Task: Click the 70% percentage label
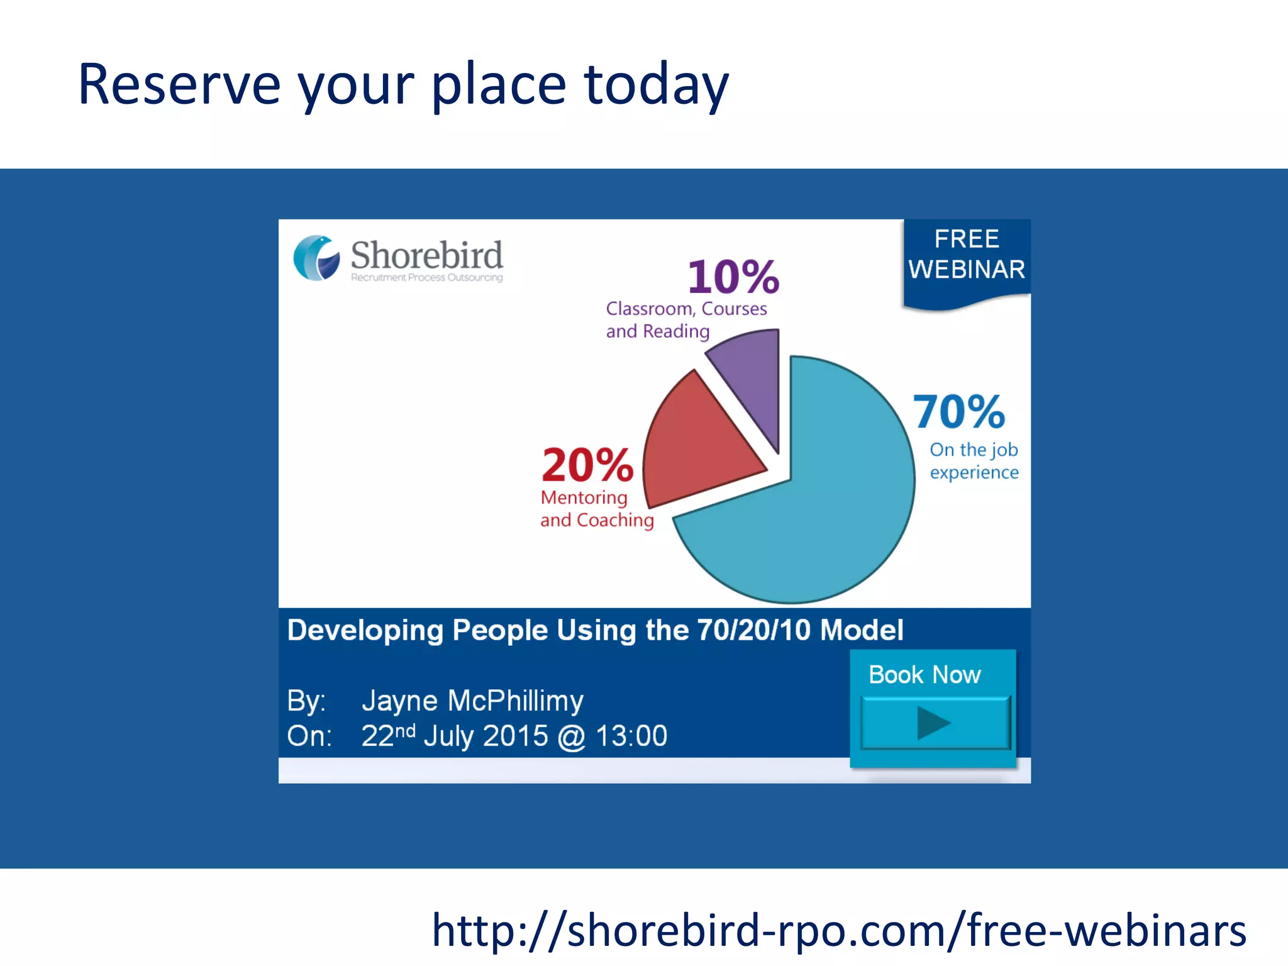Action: (x=958, y=412)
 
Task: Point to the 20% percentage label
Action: (x=587, y=465)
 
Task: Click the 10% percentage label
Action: (x=733, y=277)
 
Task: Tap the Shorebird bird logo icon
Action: (x=316, y=258)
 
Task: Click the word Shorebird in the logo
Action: (x=426, y=255)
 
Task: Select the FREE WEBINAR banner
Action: (x=967, y=255)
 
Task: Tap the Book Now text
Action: (x=924, y=675)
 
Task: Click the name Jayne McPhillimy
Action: (x=472, y=701)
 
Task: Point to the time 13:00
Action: (x=631, y=736)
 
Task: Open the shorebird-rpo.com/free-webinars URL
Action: (x=839, y=930)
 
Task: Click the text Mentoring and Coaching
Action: (x=596, y=509)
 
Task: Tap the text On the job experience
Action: (x=974, y=461)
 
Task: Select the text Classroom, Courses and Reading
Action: (x=686, y=319)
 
